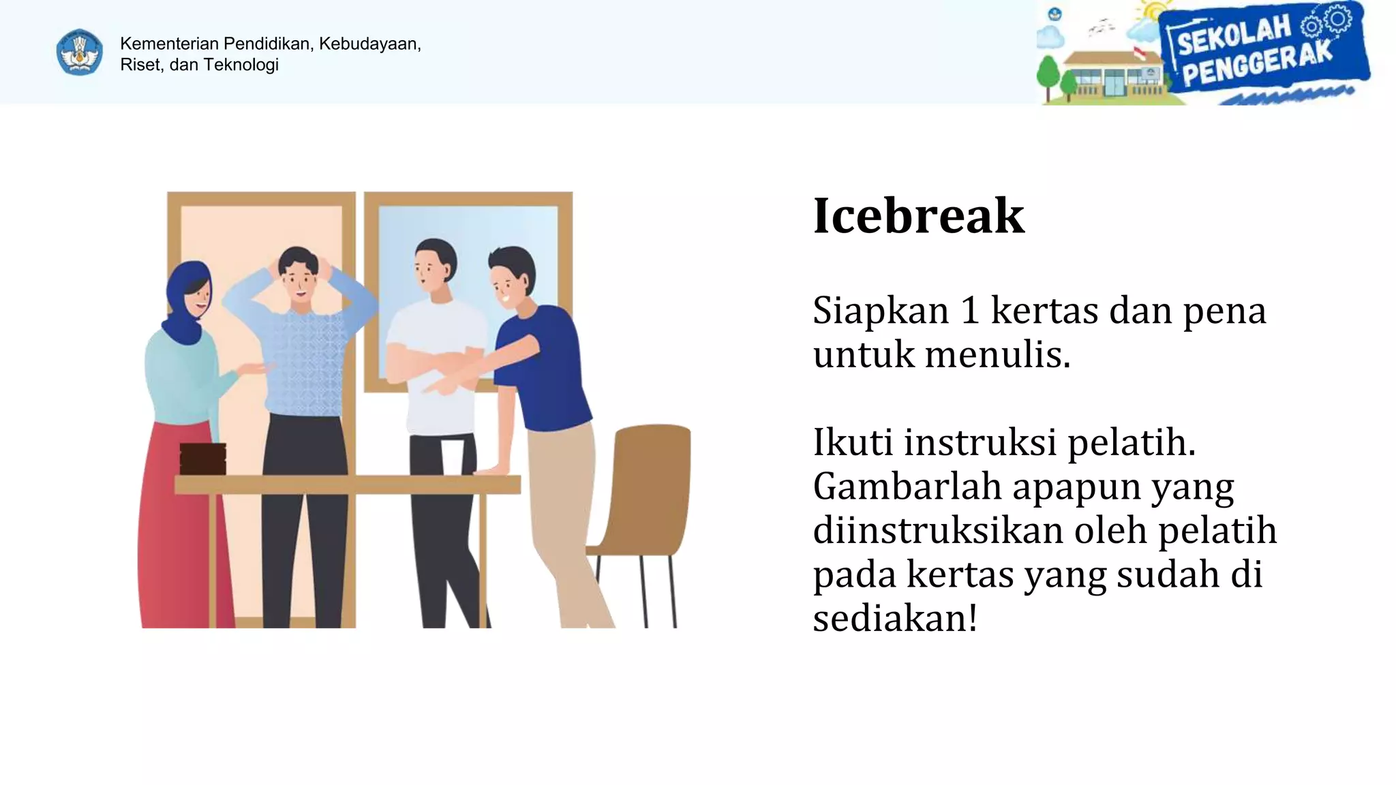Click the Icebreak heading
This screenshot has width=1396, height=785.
pos(918,216)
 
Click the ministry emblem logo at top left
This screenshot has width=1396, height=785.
pos(80,52)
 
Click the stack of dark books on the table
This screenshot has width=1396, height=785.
pos(202,459)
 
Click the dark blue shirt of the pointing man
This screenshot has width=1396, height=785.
pos(545,368)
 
